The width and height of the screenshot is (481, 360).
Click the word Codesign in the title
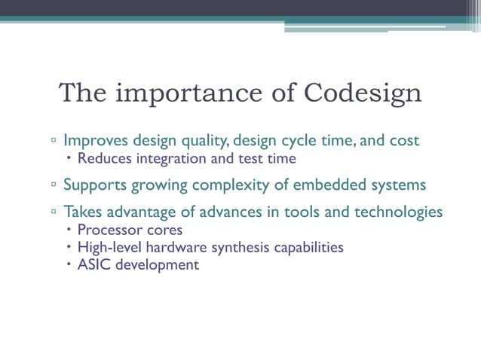(363, 93)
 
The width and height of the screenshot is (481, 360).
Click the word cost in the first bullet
(404, 141)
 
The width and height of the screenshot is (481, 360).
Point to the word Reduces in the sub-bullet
(102, 159)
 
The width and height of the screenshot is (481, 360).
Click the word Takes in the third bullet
(83, 212)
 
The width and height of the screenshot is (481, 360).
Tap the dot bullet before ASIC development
(69, 264)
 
